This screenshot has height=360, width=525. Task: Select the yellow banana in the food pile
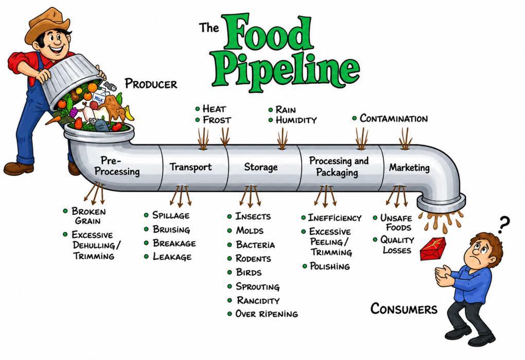pos(129,113)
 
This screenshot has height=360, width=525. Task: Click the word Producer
pos(151,84)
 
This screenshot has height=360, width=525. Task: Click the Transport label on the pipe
pos(190,167)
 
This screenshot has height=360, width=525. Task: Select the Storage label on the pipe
pos(261,167)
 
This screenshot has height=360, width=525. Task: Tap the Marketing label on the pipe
pos(409,167)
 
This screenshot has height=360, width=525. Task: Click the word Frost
pos(217,120)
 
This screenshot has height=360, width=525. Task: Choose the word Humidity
pos(296,120)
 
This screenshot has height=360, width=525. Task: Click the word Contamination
pos(394,118)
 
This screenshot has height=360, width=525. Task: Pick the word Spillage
pos(171,215)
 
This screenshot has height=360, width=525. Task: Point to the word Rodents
pos(253,258)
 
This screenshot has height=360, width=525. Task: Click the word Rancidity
pos(258,300)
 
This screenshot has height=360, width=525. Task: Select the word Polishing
pos(330,266)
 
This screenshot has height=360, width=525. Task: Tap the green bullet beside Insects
pos(230,217)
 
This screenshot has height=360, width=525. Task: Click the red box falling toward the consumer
pos(433,248)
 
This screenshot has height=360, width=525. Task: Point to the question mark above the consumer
pos(503,225)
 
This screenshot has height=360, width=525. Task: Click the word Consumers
pos(404,309)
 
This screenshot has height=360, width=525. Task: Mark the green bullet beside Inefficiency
pos(303,218)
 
